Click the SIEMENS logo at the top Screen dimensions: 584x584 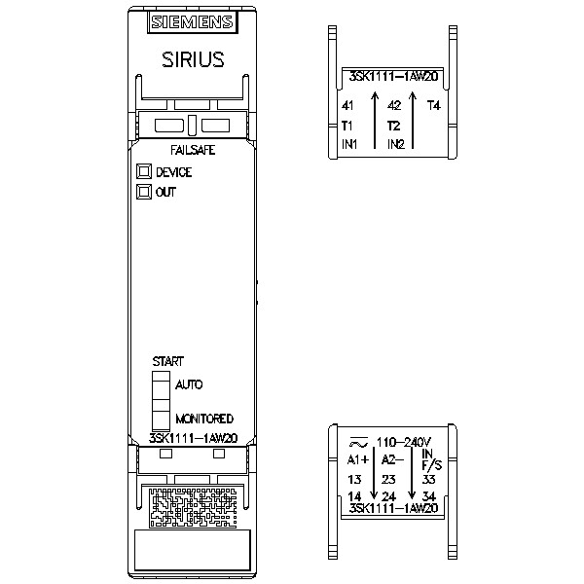[192, 22]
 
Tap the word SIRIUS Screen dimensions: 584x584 [193, 59]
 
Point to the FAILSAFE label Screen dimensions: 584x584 [193, 150]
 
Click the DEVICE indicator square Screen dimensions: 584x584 [144, 171]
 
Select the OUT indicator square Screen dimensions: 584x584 [144, 192]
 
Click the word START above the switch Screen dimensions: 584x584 [168, 361]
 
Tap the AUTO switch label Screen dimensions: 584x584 [189, 384]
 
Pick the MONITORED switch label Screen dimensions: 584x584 [204, 419]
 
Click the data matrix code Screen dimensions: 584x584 [193, 508]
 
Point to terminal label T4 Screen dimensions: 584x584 [433, 106]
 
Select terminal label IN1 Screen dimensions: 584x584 [349, 144]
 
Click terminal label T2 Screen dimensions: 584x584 [393, 126]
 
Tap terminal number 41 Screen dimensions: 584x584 [347, 106]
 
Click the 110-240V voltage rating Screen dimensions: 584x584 [404, 442]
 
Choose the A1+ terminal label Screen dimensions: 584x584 [358, 460]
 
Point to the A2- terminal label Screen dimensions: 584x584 [392, 460]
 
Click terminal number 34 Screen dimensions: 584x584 [429, 496]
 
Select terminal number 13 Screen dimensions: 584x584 [354, 479]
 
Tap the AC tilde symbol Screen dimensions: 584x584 [358, 443]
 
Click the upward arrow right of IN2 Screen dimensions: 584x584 [413, 120]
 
